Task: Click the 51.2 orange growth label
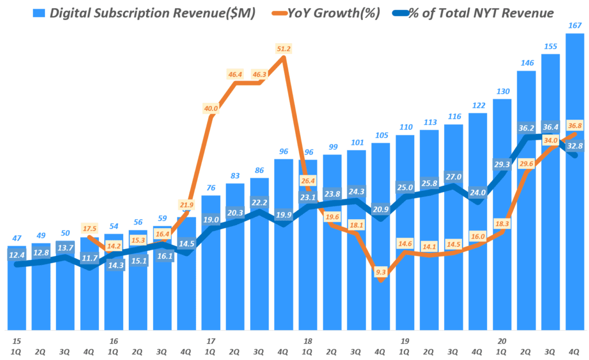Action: [284, 49]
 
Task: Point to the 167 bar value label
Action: [573, 25]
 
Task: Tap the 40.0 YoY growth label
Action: [211, 108]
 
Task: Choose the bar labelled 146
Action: [527, 201]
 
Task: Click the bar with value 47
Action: [17, 288]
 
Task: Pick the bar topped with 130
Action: [502, 213]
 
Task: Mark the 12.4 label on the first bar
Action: [17, 255]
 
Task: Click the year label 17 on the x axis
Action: [211, 340]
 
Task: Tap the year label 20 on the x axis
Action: [502, 340]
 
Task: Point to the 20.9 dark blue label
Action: [380, 210]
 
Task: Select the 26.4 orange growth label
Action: [308, 181]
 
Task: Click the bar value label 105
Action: [380, 135]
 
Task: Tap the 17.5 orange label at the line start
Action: [90, 228]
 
